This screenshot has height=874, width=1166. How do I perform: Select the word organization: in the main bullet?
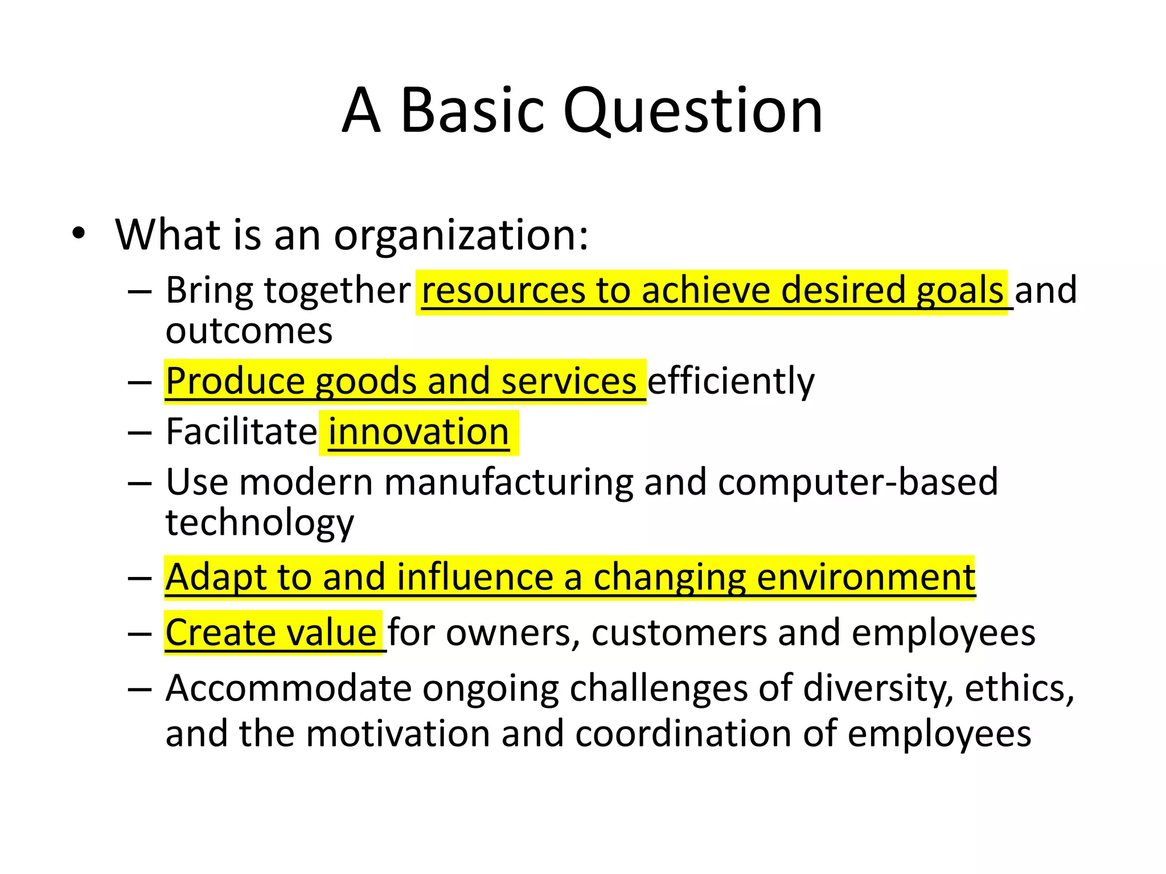click(x=461, y=236)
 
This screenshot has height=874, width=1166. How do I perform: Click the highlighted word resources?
click(x=503, y=291)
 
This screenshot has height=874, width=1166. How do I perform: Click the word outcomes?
click(x=249, y=331)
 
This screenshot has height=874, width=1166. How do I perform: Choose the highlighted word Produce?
click(x=235, y=381)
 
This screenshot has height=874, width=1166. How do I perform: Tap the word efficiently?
click(x=730, y=381)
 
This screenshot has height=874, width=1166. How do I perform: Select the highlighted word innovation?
click(x=418, y=432)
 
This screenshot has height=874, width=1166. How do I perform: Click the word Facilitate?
click(x=241, y=432)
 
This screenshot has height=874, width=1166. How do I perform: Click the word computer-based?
click(x=858, y=483)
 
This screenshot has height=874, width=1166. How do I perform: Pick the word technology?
click(x=260, y=523)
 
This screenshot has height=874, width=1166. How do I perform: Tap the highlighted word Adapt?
click(x=216, y=578)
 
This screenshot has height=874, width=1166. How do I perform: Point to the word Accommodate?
click(x=289, y=689)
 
